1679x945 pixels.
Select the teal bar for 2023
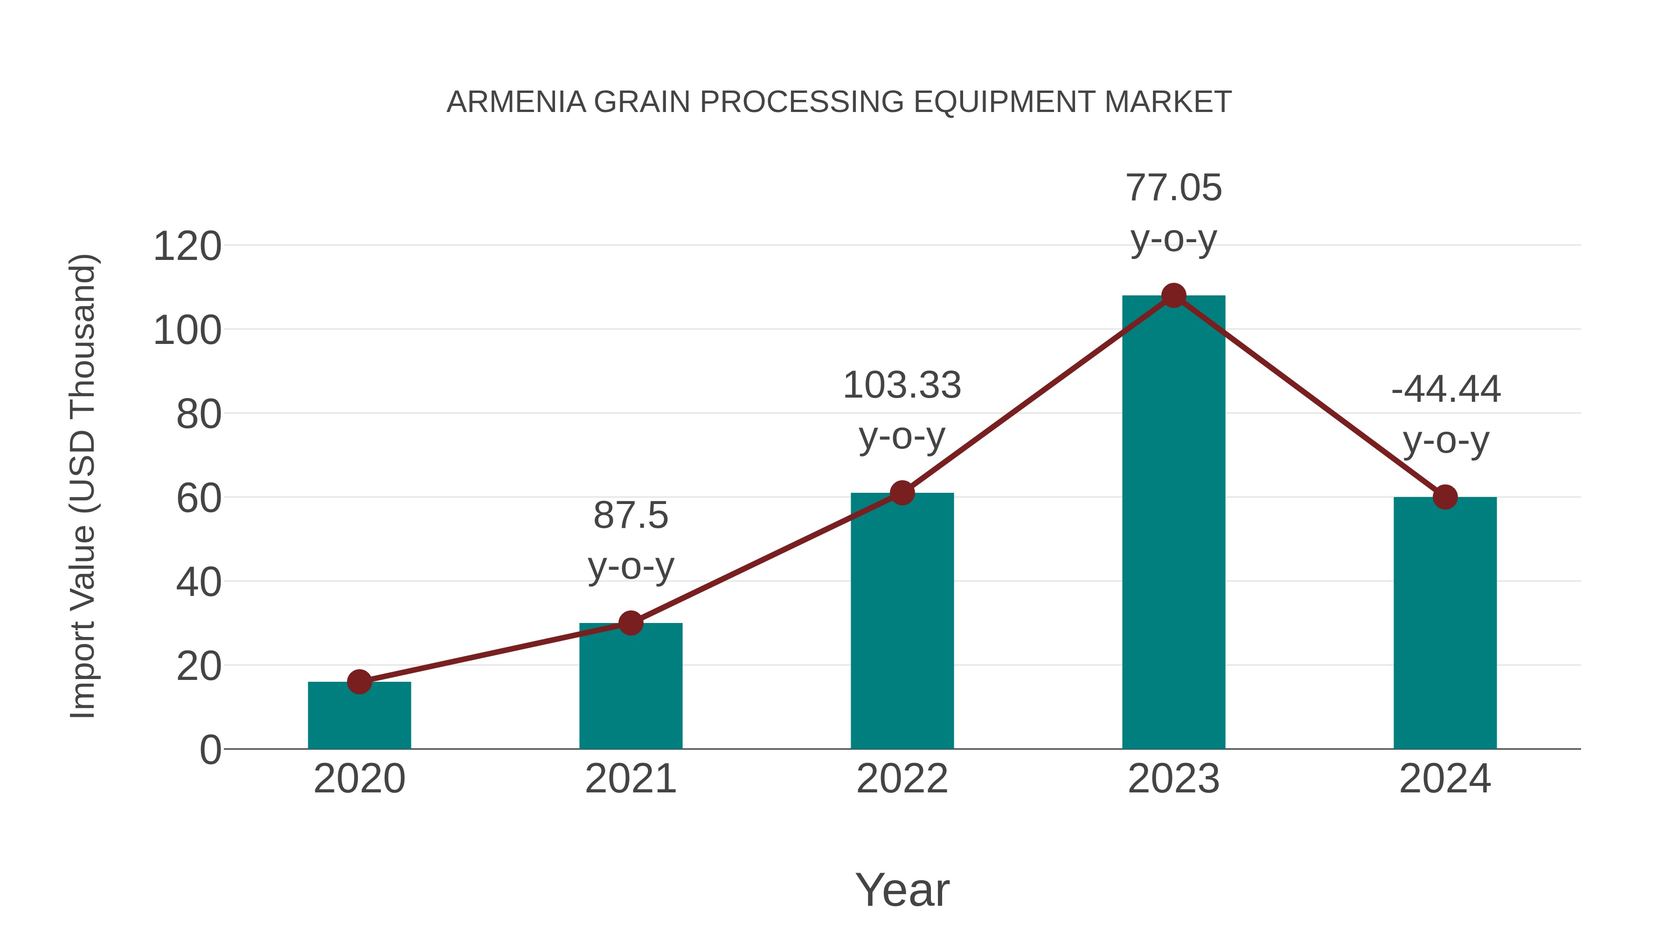1173,522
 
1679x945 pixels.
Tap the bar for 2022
902,620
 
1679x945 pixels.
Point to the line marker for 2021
630,623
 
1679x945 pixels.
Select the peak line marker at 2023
1173,295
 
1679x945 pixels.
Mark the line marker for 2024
1445,497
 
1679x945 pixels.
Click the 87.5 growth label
630,515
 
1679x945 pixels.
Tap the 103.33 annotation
902,385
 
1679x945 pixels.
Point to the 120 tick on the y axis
187,247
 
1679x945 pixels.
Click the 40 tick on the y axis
199,582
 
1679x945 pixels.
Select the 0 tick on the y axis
210,750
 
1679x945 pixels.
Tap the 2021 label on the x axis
630,779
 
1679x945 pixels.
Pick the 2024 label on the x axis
1445,779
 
